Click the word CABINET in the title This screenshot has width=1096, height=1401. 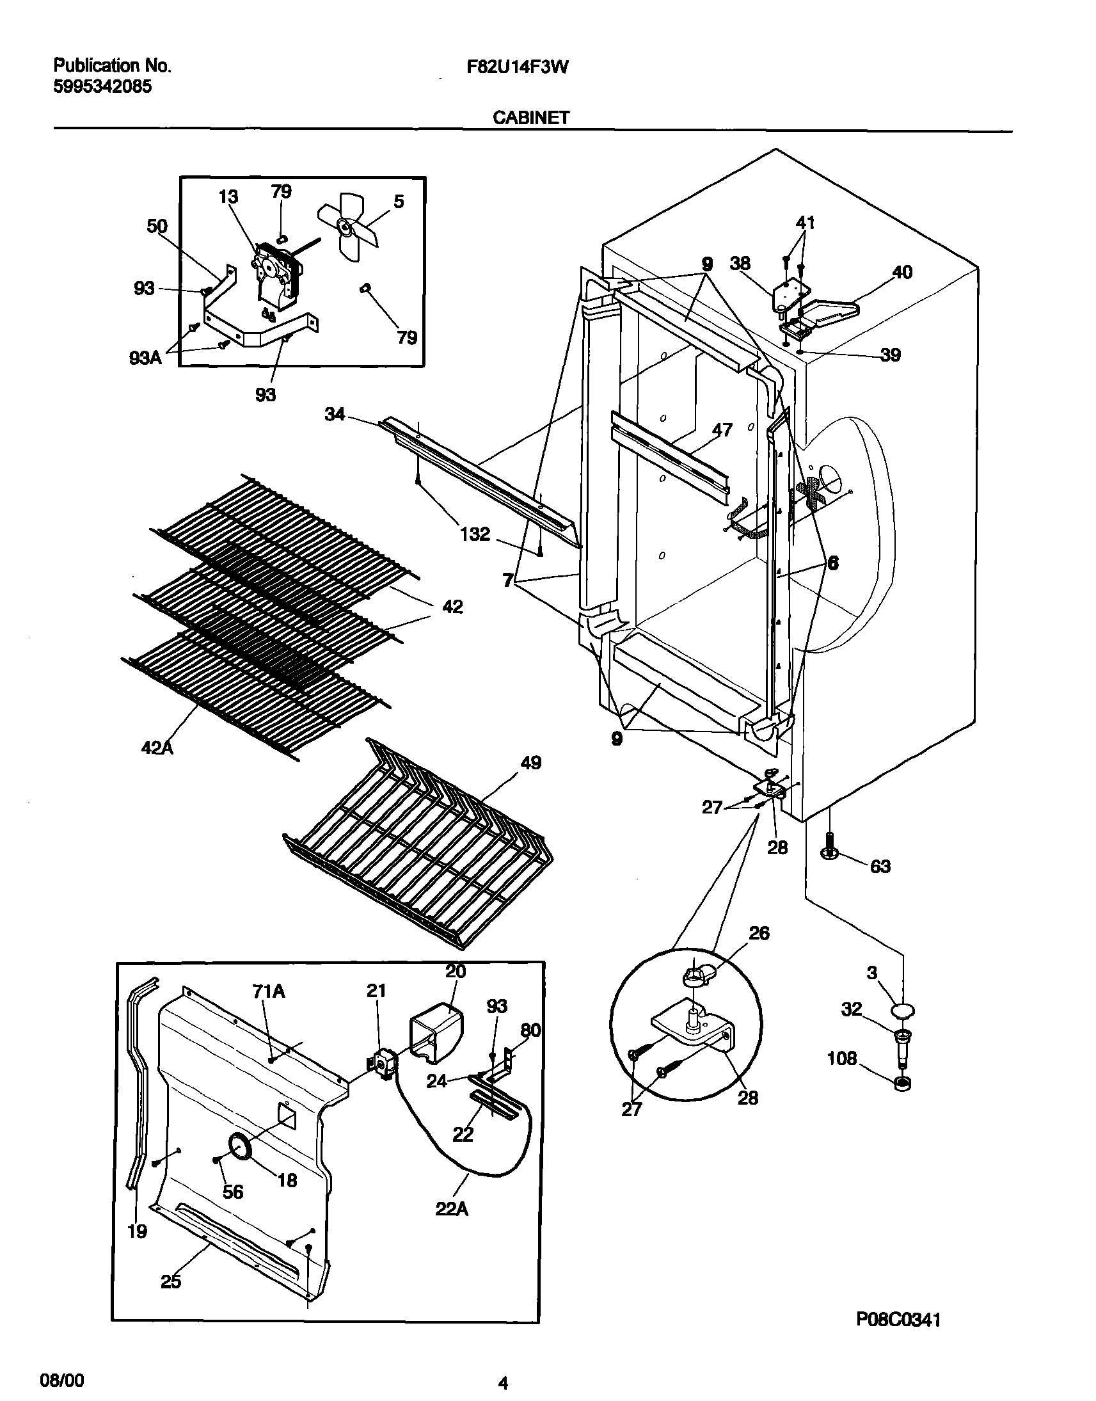530,118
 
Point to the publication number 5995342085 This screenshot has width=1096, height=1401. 102,86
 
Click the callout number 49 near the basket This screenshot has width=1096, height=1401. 530,763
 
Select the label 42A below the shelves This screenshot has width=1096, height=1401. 157,748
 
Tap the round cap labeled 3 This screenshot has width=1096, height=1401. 902,1011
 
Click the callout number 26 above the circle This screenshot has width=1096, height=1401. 759,933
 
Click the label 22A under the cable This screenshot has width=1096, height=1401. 452,1209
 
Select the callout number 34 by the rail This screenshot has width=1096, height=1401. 335,415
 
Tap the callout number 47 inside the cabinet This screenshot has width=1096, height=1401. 722,430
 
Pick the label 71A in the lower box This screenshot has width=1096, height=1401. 269,992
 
